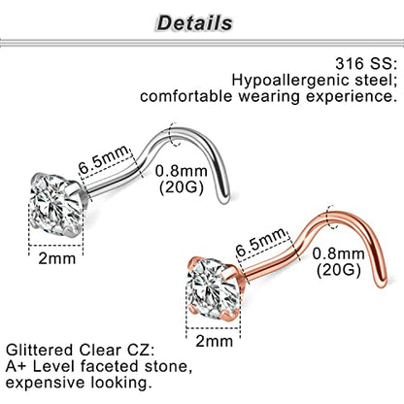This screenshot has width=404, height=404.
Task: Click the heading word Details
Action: tap(194, 23)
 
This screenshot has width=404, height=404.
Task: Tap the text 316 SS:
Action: tap(366, 63)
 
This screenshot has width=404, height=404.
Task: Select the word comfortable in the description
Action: tap(186, 96)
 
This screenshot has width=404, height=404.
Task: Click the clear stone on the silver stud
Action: tap(55, 204)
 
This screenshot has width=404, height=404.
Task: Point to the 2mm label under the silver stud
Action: tap(57, 258)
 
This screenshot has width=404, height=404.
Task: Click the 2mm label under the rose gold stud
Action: tap(215, 341)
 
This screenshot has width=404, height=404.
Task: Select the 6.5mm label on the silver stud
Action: tap(104, 159)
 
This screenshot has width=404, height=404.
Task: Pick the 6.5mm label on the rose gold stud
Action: tap(261, 242)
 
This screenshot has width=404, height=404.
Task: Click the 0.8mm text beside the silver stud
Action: tap(182, 171)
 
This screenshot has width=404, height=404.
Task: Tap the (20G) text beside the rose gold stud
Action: tap(339, 270)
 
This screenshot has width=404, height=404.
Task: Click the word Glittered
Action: tap(40, 351)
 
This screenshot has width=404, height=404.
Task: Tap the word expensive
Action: tap(46, 384)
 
